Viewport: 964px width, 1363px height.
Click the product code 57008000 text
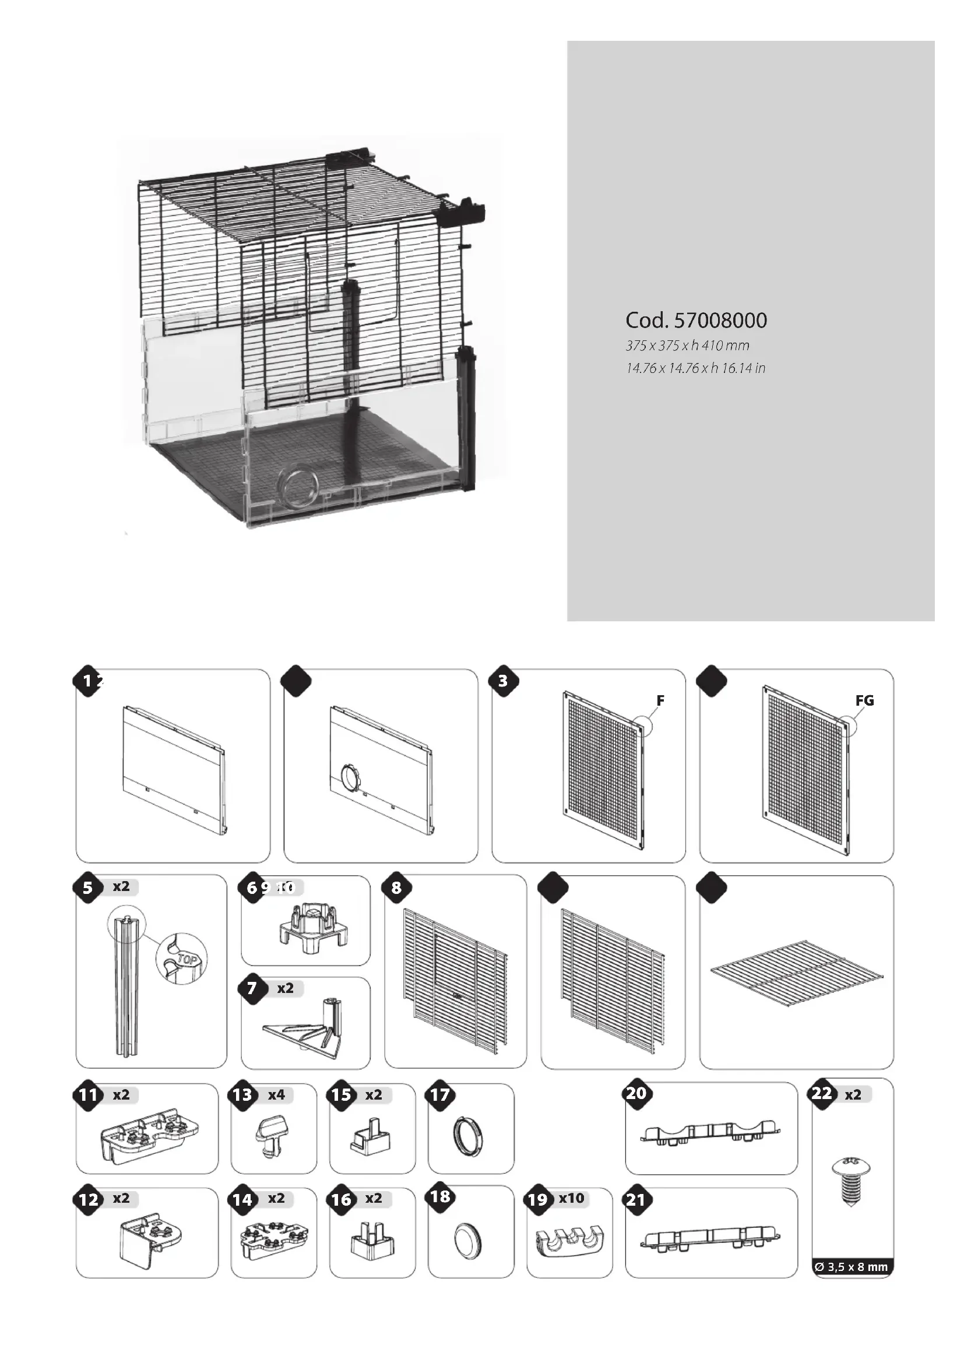[696, 321]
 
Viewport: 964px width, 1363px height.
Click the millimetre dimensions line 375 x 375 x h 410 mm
[687, 346]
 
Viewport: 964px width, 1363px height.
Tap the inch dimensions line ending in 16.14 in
[695, 368]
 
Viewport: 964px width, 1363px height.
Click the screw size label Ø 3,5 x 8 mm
[852, 1267]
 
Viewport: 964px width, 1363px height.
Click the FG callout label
[864, 700]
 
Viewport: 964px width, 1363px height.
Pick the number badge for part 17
[440, 1095]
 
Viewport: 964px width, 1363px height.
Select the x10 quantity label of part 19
[571, 1198]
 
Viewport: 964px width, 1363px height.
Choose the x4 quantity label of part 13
[276, 1095]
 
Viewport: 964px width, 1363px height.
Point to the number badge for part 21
[636, 1200]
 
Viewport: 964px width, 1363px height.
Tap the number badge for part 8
[396, 888]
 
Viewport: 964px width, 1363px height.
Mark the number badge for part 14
[243, 1200]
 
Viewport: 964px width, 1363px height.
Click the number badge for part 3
[504, 681]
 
